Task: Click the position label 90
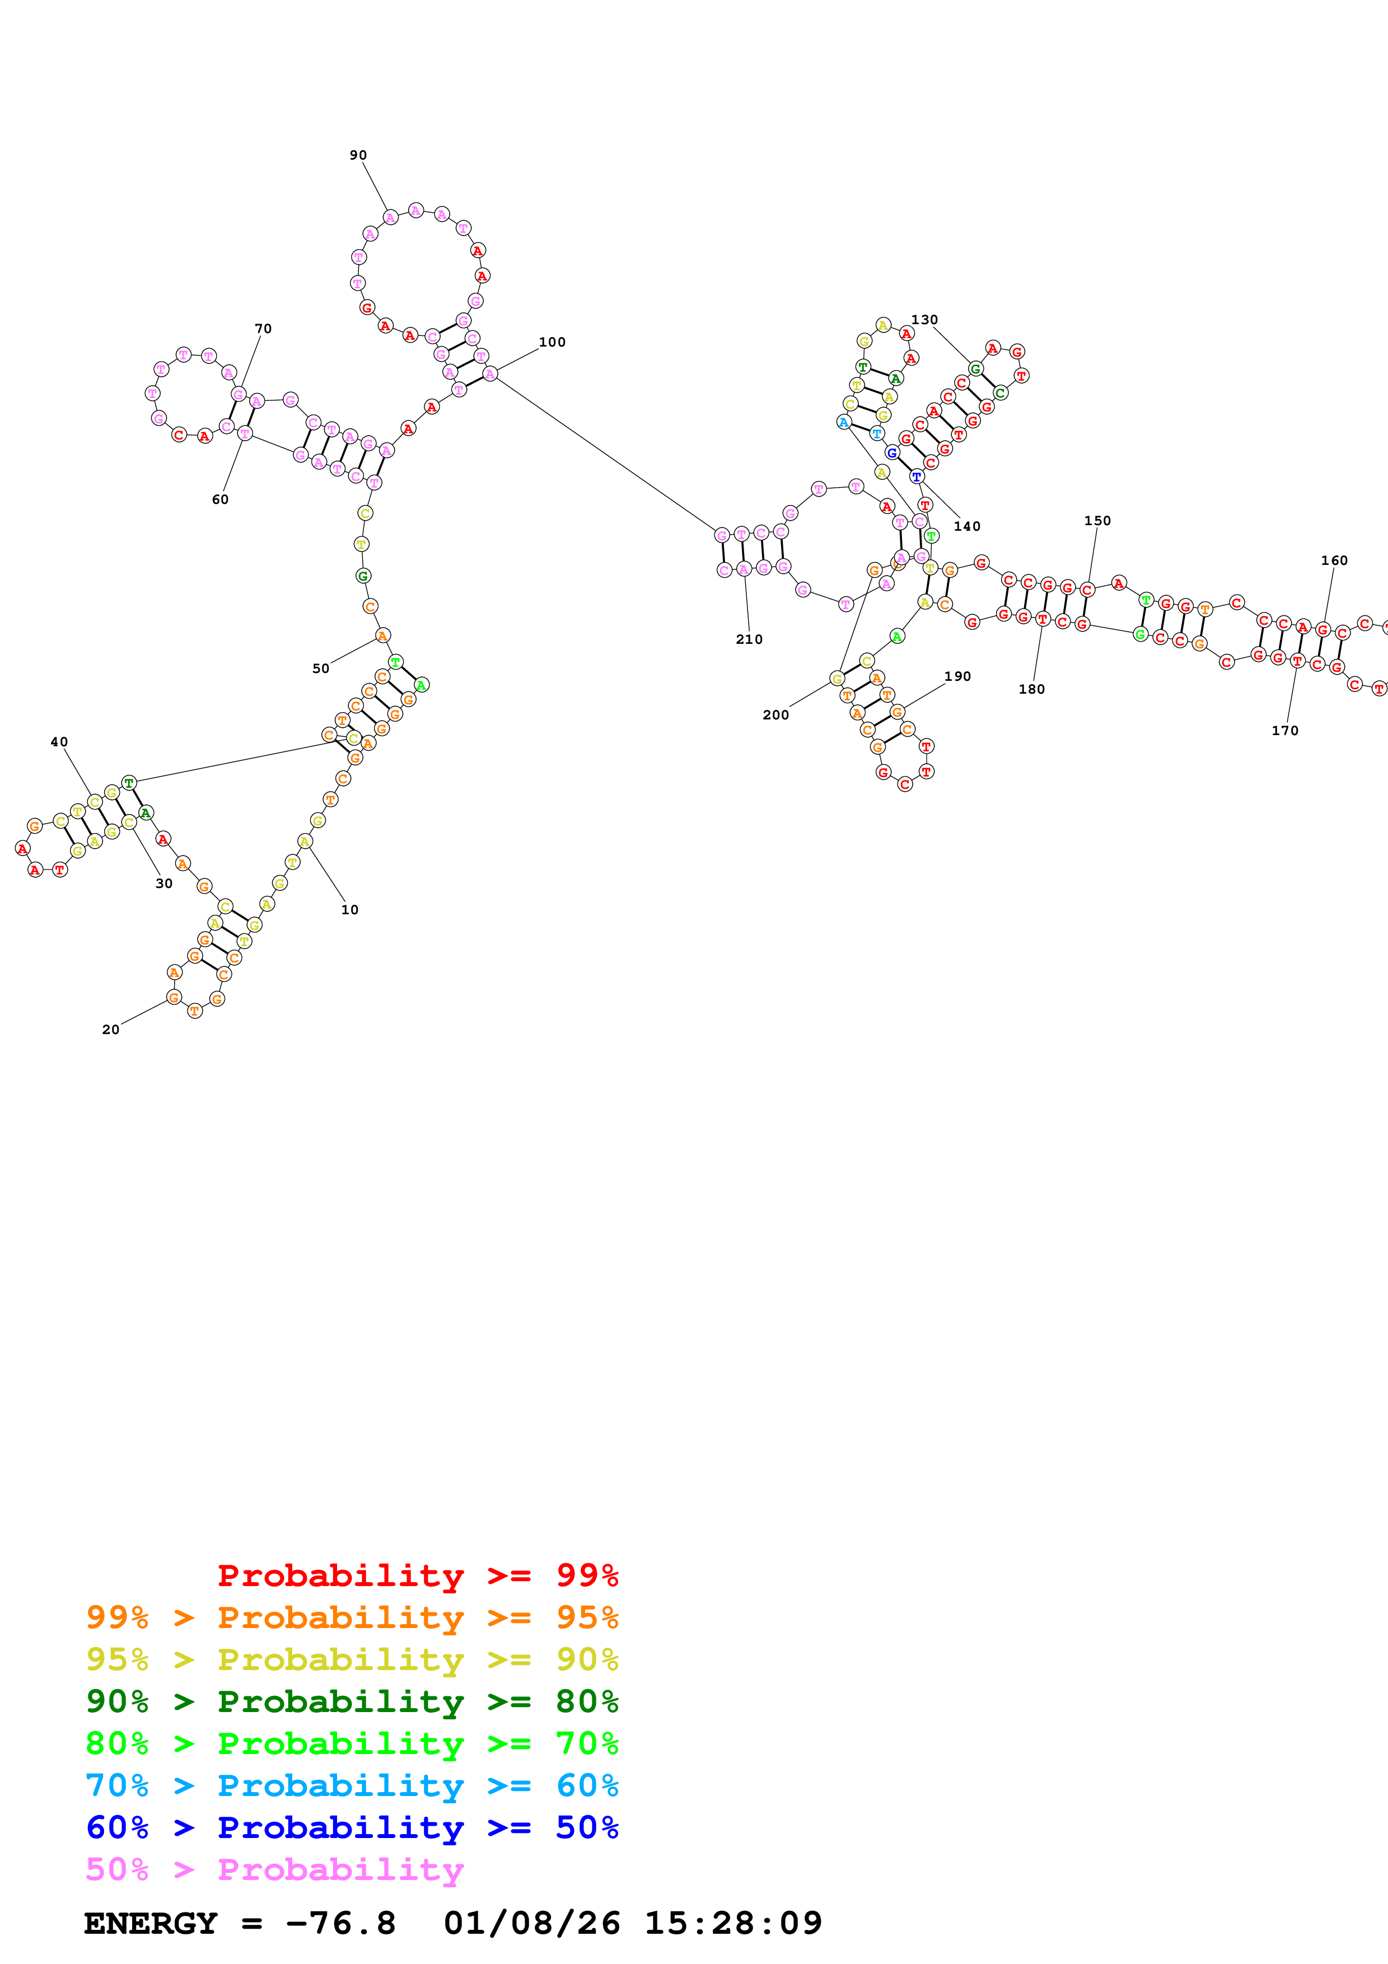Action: click(357, 155)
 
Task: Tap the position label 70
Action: click(263, 329)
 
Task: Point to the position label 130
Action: click(924, 320)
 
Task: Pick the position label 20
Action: click(110, 1030)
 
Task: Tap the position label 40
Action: click(59, 742)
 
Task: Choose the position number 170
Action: click(1284, 731)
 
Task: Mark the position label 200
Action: click(775, 715)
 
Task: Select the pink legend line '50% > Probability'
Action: click(274, 1870)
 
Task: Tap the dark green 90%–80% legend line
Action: click(352, 1701)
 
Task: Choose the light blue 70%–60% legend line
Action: click(352, 1785)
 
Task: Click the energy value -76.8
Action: click(340, 1924)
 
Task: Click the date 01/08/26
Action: click(531, 1924)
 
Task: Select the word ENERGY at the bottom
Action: click(151, 1924)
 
